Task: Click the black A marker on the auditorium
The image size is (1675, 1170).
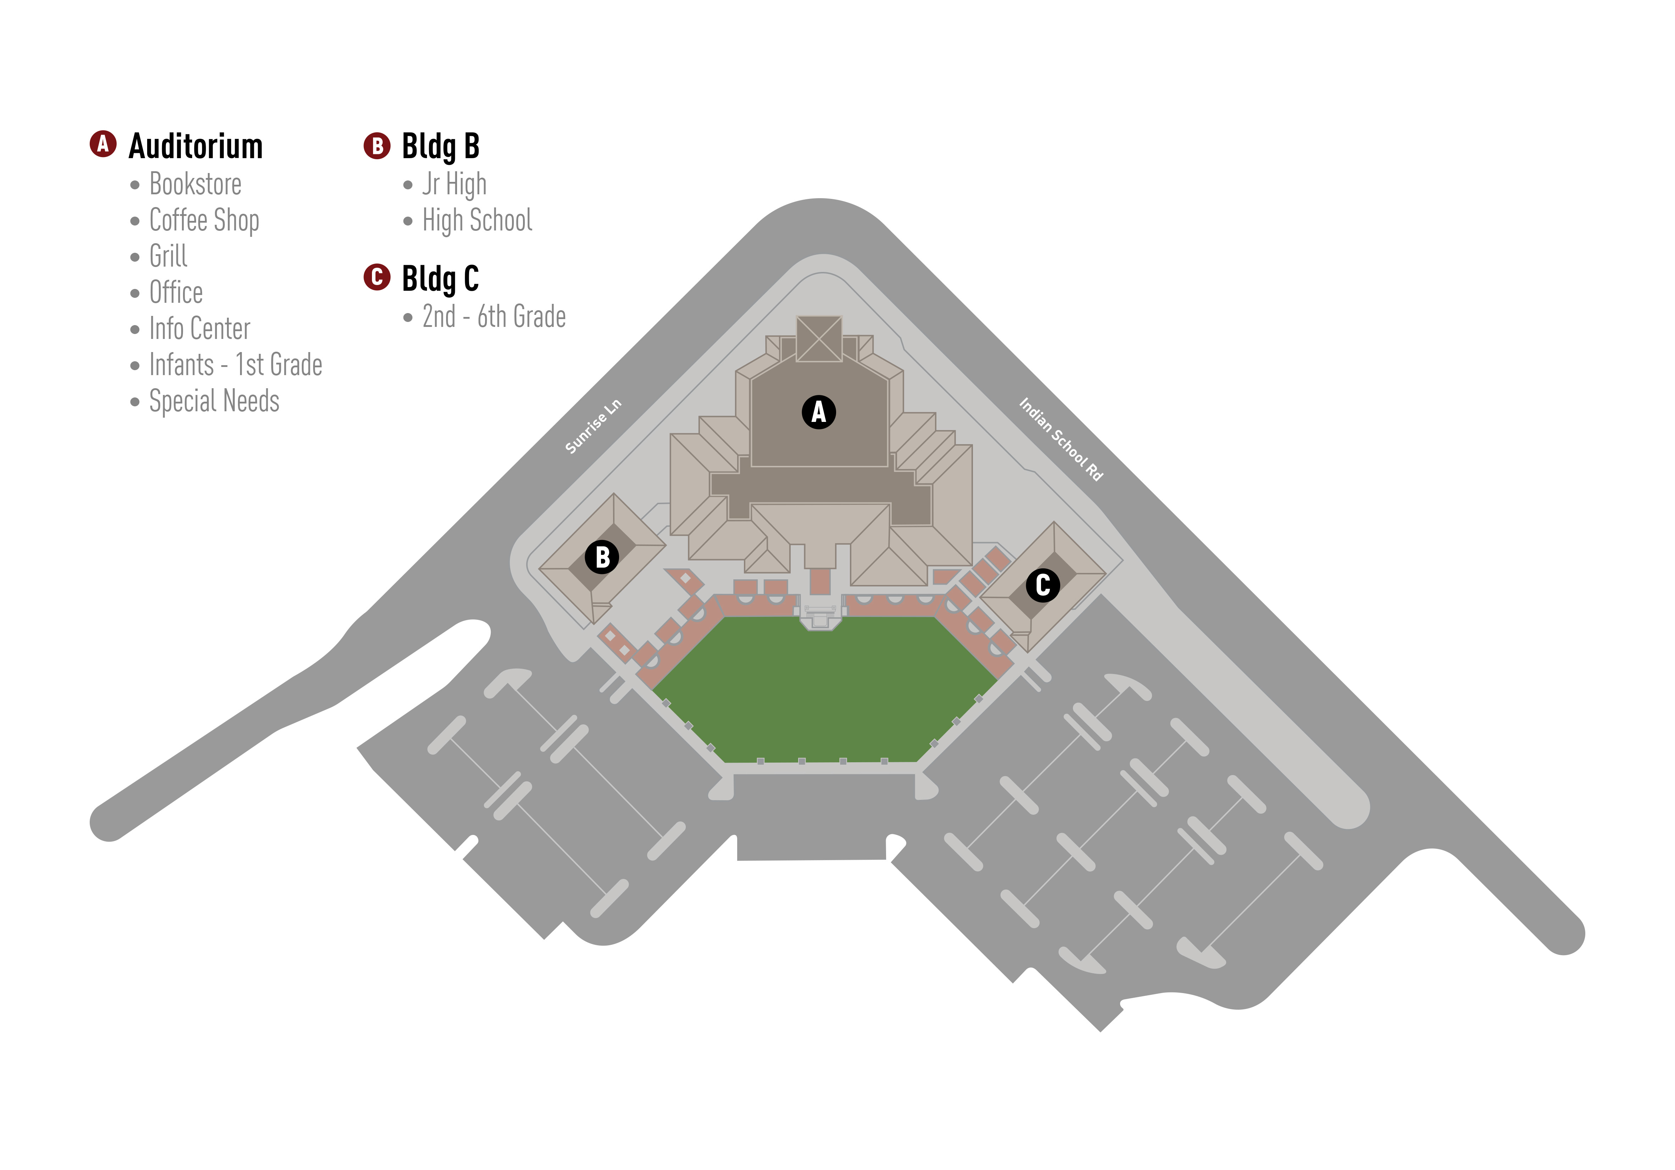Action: click(x=819, y=412)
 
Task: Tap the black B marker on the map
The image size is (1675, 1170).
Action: click(x=602, y=557)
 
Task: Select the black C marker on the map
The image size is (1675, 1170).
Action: click(x=1042, y=585)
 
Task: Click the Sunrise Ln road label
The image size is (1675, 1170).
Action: click(x=593, y=427)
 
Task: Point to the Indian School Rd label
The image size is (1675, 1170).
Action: click(x=1061, y=439)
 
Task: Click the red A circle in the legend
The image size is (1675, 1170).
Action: click(x=103, y=144)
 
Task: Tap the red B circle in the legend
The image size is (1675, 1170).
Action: click(x=377, y=146)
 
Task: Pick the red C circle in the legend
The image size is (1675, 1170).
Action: click(x=377, y=277)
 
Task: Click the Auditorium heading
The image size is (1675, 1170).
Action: click(x=195, y=146)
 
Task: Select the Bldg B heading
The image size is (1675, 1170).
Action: click(x=441, y=146)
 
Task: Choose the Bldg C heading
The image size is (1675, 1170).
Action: click(x=441, y=278)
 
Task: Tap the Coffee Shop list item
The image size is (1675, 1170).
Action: click(x=204, y=220)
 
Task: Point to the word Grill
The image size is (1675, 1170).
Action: click(x=168, y=256)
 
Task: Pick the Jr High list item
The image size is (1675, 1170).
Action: click(x=455, y=185)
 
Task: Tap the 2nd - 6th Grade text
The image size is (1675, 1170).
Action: click(x=494, y=317)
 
